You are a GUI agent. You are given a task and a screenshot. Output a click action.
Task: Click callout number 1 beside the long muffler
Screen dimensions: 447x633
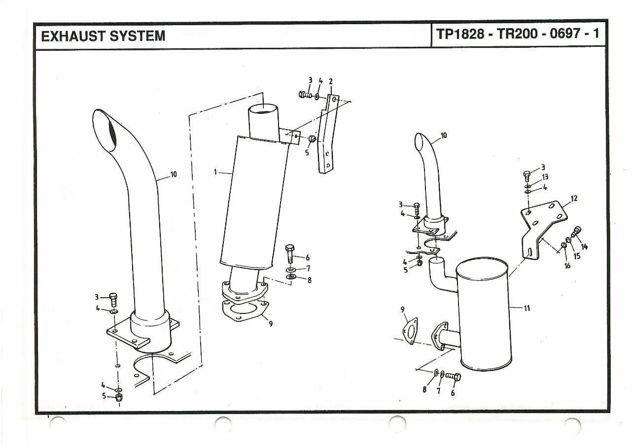pos(215,172)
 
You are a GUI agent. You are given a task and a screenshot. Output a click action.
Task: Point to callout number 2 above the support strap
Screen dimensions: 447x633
pos(330,81)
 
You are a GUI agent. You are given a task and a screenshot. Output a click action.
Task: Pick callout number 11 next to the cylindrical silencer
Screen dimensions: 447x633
pos(527,309)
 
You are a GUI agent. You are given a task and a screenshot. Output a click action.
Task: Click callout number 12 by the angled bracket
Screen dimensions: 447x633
pos(573,199)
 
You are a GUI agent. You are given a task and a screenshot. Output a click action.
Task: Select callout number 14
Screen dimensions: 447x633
pos(584,246)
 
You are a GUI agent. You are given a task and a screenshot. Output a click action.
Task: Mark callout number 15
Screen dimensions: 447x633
pos(577,256)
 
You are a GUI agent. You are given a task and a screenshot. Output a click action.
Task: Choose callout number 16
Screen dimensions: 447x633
pos(567,266)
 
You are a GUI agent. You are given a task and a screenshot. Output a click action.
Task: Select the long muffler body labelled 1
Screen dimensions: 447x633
pos(254,202)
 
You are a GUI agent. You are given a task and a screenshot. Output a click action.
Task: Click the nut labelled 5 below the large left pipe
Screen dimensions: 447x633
pos(119,398)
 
